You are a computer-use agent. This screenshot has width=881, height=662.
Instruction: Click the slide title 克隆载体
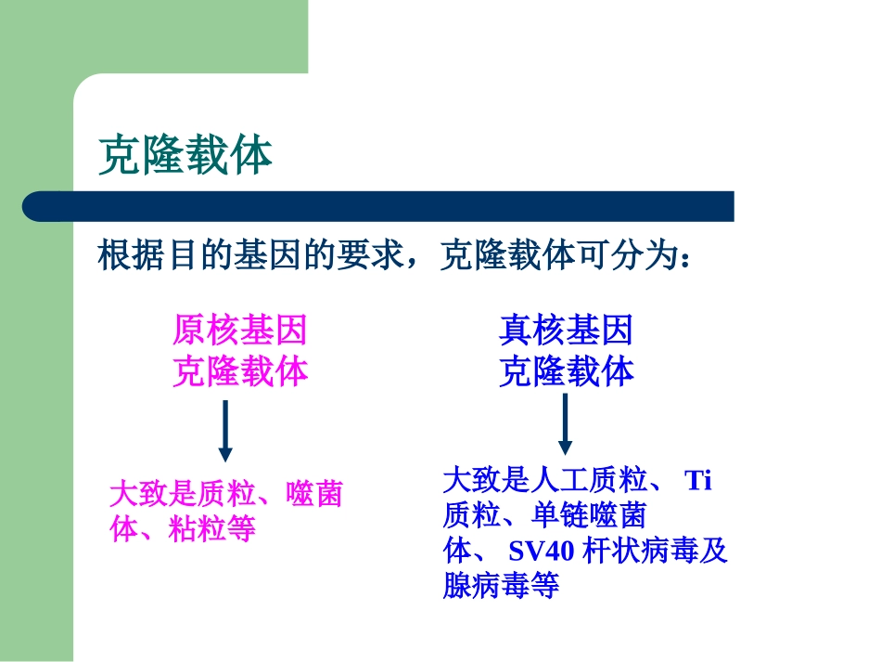pos(185,155)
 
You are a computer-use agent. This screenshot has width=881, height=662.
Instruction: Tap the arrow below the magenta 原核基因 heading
pos(224,431)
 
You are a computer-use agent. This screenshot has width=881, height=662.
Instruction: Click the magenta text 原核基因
pos(239,330)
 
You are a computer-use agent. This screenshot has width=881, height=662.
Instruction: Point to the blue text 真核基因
pos(566,330)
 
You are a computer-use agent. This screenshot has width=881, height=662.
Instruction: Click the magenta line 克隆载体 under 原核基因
pos(239,372)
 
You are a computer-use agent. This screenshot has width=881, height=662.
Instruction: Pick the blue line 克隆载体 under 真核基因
pos(566,372)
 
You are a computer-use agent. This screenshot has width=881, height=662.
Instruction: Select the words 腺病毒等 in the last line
pos(502,586)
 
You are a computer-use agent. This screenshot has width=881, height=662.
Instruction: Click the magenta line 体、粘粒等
pos(182,529)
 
